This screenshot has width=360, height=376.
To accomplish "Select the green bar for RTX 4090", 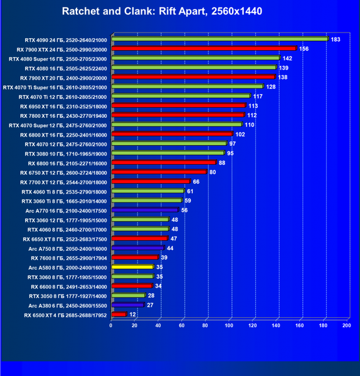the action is point(220,39).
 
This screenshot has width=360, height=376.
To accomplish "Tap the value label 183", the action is point(336,39).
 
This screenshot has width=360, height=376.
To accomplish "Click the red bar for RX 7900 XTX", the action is point(204,48).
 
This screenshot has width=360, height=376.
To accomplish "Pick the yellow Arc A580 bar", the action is point(133,267).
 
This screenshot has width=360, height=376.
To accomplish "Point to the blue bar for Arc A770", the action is point(146,210).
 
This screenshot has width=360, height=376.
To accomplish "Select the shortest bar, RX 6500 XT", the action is point(119,314).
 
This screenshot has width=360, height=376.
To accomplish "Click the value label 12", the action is point(132,315).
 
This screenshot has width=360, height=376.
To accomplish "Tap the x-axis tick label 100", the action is point(229,325).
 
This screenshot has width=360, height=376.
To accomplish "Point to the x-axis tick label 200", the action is point(347,325).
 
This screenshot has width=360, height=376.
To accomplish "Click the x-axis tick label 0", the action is point(110,325).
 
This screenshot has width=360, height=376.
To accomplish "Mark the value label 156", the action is point(304,49).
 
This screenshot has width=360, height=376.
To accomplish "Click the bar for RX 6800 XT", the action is point(172,133).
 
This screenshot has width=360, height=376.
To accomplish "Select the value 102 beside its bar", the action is point(240,134).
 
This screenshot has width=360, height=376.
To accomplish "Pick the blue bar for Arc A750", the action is point(138,248).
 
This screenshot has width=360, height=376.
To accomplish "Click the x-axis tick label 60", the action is point(182,325).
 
